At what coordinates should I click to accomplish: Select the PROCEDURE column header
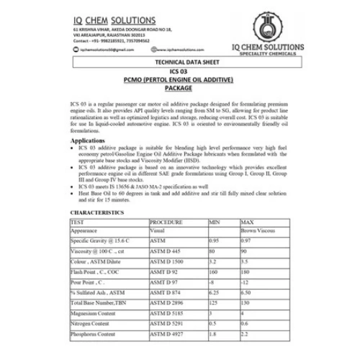(x=166, y=223)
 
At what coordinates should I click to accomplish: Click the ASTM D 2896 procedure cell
(x=169, y=304)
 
